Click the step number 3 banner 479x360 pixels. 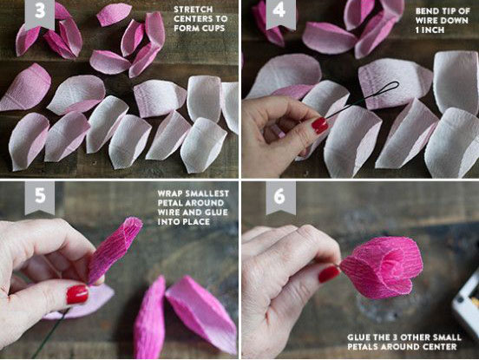[x=40, y=14]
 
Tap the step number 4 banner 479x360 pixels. [x=280, y=14]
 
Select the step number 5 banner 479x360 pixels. [x=40, y=198]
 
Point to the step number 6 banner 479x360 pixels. [x=280, y=198]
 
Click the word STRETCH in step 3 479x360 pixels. [x=193, y=10]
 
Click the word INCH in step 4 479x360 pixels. [x=430, y=30]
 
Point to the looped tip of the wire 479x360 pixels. [x=387, y=88]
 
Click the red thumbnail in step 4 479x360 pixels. [x=319, y=126]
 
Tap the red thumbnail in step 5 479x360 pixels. [x=77, y=295]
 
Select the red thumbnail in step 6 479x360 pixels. [x=329, y=274]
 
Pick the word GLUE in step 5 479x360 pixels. [x=217, y=213]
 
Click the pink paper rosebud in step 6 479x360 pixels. [x=382, y=268]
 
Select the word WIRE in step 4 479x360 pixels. [x=426, y=21]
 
